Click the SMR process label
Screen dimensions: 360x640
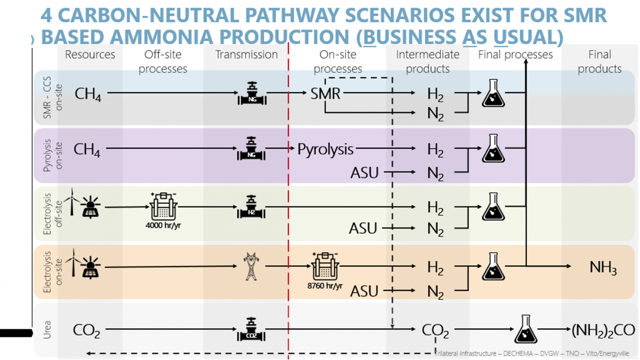click(x=325, y=94)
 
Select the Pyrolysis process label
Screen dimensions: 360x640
click(x=325, y=149)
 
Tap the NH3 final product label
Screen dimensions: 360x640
click(x=603, y=267)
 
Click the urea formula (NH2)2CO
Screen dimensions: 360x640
click(x=603, y=330)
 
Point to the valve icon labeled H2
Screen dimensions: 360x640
click(x=251, y=207)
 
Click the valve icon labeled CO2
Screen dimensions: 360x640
click(x=251, y=329)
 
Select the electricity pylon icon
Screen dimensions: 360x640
click(x=251, y=266)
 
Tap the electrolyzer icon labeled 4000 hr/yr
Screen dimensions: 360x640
click(x=163, y=206)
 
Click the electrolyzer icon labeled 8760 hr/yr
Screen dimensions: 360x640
click(x=325, y=266)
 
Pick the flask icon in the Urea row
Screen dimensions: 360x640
click(x=525, y=329)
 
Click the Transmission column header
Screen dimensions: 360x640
click(x=246, y=55)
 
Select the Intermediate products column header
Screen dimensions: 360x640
click(x=427, y=62)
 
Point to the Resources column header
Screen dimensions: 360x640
click(x=90, y=55)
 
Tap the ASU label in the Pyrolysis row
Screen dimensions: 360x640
click(x=365, y=173)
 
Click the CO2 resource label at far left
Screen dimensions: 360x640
click(x=86, y=330)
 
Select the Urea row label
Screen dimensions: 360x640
click(x=47, y=330)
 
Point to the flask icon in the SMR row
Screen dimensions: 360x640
click(x=493, y=94)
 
